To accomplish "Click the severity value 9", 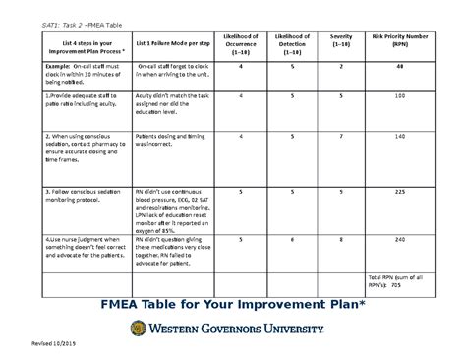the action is pos(345,191).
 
